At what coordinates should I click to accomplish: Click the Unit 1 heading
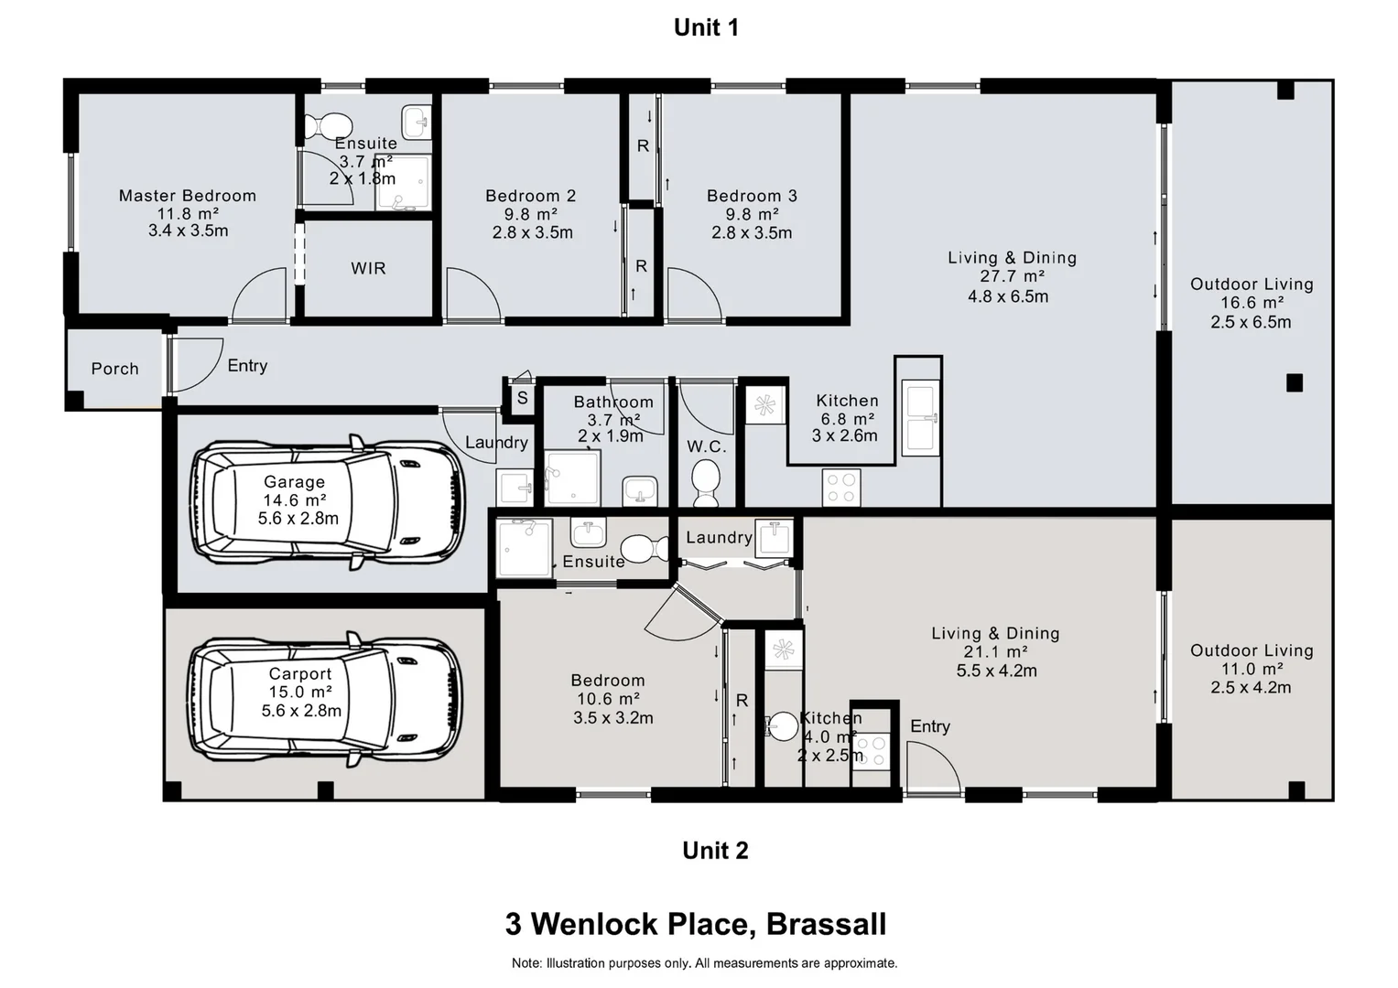(706, 27)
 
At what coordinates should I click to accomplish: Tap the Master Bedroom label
(188, 196)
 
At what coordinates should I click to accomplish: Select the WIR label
(368, 268)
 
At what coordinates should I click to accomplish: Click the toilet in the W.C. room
(706, 482)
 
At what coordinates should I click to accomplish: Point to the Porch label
(114, 369)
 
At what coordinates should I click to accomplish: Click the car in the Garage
(328, 502)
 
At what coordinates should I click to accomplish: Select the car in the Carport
(325, 700)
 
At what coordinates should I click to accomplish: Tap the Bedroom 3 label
(752, 196)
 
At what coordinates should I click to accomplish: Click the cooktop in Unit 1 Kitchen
(841, 488)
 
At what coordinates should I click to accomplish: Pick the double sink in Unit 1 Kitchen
(920, 418)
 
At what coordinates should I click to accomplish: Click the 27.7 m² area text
(1012, 276)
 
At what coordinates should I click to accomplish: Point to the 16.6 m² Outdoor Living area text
(1252, 303)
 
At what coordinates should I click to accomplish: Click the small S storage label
(523, 398)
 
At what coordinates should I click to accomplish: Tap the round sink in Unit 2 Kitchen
(782, 726)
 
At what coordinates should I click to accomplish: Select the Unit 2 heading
(715, 850)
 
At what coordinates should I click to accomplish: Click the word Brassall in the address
(826, 924)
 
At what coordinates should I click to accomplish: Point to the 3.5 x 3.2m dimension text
(612, 718)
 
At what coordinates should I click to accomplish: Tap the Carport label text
(300, 674)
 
